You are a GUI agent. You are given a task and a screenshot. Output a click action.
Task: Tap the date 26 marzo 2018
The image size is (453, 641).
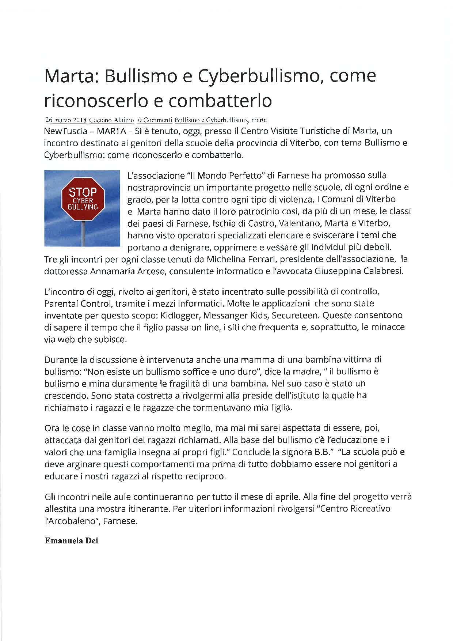[65, 120]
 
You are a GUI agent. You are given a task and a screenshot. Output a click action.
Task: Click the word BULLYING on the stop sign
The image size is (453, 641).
[83, 207]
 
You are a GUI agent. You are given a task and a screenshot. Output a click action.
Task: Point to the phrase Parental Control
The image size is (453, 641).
[77, 303]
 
